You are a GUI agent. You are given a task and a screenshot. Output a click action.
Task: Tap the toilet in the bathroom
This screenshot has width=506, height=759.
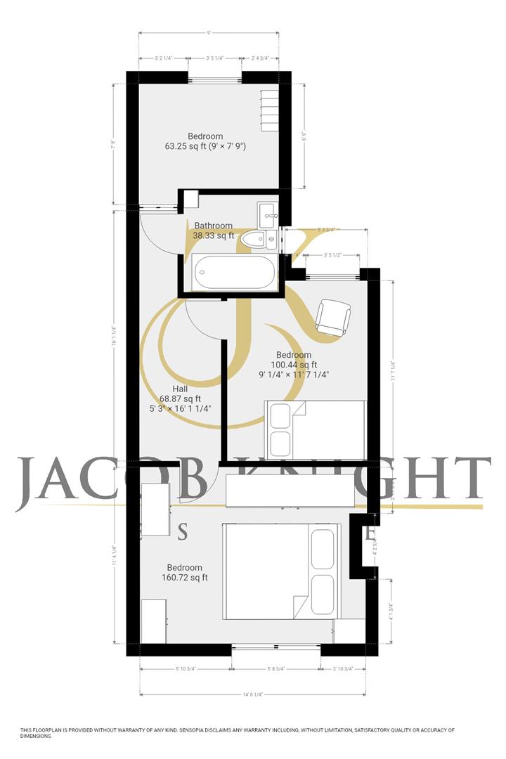tap(254, 240)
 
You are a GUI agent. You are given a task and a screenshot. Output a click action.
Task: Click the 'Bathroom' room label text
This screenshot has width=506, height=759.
tap(213, 226)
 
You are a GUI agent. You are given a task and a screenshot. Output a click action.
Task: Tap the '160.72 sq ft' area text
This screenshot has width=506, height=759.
tap(184, 578)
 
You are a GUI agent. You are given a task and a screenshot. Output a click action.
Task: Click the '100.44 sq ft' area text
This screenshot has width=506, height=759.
tap(294, 365)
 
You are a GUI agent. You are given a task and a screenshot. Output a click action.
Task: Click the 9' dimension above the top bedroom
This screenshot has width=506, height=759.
tap(209, 32)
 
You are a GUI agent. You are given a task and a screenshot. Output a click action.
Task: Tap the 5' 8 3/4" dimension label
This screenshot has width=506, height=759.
tap(276, 668)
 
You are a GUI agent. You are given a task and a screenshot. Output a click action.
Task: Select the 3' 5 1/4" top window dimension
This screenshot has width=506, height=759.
tap(215, 58)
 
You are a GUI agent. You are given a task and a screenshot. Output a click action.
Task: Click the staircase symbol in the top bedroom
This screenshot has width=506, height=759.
tap(271, 110)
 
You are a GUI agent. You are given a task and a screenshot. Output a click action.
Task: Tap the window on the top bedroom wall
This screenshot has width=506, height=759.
tap(215, 78)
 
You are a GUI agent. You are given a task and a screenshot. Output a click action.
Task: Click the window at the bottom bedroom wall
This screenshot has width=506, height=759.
tap(276, 644)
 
